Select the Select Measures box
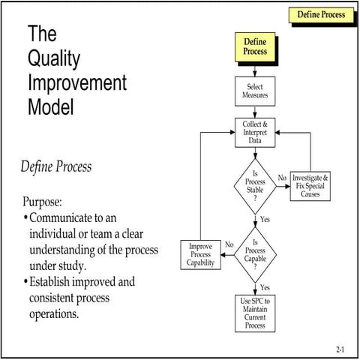255,91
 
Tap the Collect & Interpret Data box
255,132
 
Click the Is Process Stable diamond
255,184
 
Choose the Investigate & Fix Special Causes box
310,185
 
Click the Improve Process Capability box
202,254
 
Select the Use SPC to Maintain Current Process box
255,313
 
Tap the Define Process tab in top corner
321,14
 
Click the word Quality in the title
54,59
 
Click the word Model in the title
51,106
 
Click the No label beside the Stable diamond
282,178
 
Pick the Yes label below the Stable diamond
264,219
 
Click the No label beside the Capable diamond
229,244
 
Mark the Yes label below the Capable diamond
264,287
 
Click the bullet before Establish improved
25,283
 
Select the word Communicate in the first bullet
64,218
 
